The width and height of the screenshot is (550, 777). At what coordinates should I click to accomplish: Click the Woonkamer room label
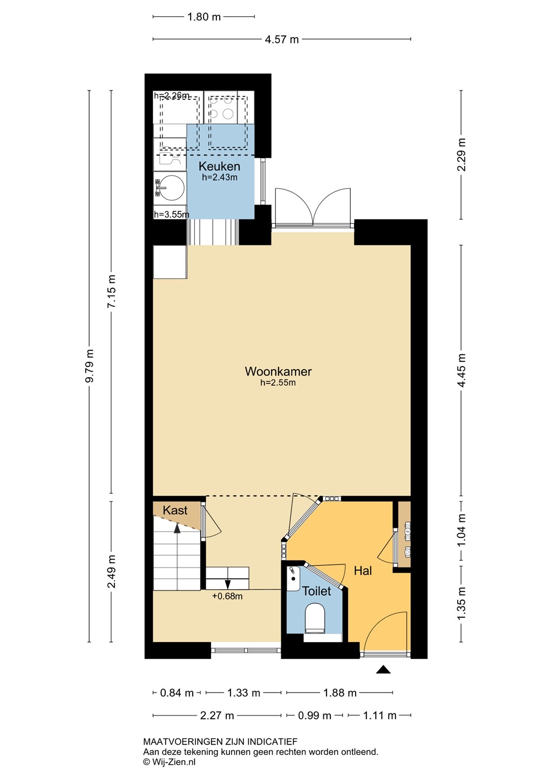[x=278, y=371]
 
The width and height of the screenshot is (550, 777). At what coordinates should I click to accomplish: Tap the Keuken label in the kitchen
[x=219, y=166]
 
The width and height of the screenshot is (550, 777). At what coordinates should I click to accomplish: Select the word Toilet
[x=316, y=591]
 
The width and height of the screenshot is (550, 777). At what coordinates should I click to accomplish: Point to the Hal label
[x=363, y=571]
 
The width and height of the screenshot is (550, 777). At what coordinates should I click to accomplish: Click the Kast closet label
[x=175, y=510]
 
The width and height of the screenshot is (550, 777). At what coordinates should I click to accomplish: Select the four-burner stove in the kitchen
[x=221, y=107]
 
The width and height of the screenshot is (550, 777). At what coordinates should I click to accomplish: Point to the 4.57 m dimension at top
[x=282, y=39]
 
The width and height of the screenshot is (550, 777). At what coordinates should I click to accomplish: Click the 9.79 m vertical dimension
[x=90, y=366]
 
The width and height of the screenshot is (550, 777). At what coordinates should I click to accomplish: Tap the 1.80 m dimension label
[x=204, y=17]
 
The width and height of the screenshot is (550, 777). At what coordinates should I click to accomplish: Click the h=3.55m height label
[x=172, y=214]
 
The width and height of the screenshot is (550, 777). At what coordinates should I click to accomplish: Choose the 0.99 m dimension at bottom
[x=315, y=715]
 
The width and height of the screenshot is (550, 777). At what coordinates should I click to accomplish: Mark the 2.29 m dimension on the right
[x=461, y=155]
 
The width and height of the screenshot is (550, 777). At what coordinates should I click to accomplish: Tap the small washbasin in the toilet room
[x=293, y=578]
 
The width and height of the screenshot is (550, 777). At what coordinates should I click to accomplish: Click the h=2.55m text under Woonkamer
[x=278, y=383]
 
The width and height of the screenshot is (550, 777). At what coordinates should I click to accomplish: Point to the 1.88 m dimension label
[x=340, y=693]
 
